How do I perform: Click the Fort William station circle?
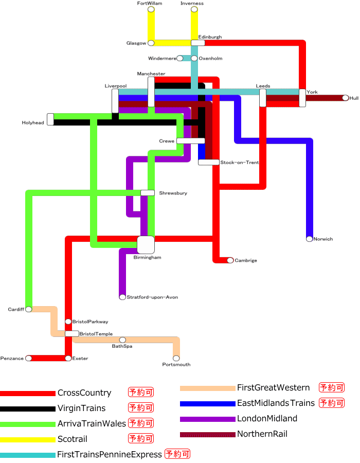click(x=151, y=9)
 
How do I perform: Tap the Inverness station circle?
click(x=194, y=9)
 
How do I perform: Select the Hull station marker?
click(x=345, y=98)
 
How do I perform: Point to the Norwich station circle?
click(x=309, y=239)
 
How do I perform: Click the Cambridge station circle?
click(x=230, y=260)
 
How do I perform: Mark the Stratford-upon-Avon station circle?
click(x=122, y=297)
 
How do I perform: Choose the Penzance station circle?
click(x=29, y=358)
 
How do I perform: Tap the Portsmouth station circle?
click(x=176, y=358)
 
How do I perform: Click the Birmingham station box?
click(x=146, y=245)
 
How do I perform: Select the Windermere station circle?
click(x=179, y=58)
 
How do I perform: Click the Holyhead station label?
click(x=33, y=123)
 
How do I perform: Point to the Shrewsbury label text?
click(x=173, y=193)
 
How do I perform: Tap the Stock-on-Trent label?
click(x=239, y=163)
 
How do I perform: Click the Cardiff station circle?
click(x=29, y=309)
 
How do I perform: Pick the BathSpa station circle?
click(x=122, y=340)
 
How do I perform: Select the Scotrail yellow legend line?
click(x=28, y=439)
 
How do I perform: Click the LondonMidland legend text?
click(x=267, y=419)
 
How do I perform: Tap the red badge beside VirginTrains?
click(x=141, y=408)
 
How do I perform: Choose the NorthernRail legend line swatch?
click(x=207, y=434)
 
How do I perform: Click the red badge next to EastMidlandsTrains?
click(x=332, y=403)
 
